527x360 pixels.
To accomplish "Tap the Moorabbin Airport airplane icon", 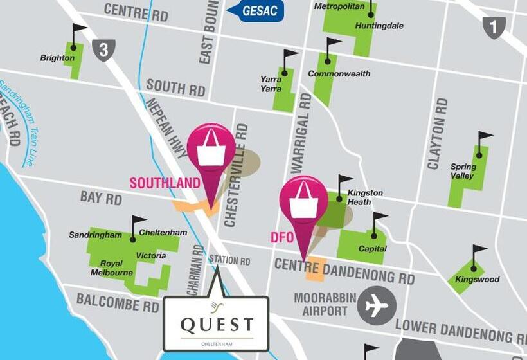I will point(377,305).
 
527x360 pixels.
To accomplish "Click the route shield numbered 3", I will point(103,50).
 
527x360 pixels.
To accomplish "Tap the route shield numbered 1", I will point(494,27).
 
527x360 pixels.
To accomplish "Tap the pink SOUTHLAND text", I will point(165,183).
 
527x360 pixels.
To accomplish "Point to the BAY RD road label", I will point(101,197).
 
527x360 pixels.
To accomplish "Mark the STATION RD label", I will point(229,261).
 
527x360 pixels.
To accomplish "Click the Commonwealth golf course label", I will point(339,74).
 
